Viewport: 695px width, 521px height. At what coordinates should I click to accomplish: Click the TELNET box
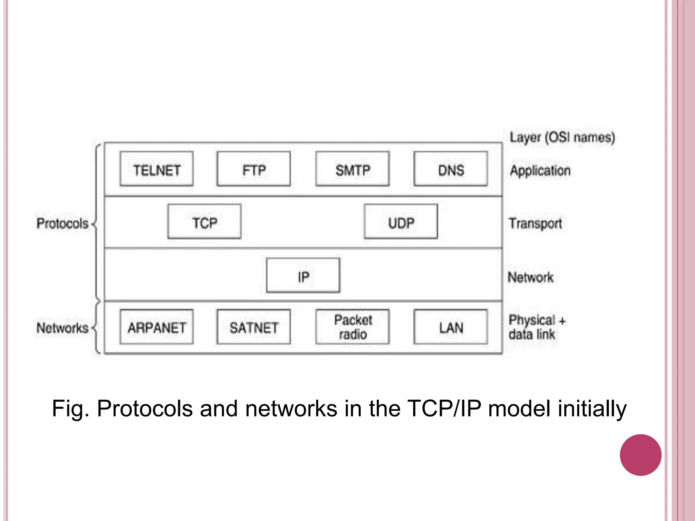pos(156,169)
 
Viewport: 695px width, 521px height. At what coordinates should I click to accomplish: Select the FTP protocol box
pos(253,169)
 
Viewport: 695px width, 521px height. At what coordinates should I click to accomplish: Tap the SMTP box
pos(352,169)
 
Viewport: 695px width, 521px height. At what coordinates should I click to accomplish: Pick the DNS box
pos(451,169)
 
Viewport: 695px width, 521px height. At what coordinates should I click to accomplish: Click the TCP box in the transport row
pos(204,222)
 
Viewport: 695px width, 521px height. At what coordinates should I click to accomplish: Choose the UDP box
pos(401,222)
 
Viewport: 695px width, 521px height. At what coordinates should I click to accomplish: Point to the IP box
pos(303,275)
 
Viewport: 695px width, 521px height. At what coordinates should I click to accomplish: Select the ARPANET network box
pos(156,327)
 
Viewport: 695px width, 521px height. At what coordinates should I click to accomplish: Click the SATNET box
pos(253,327)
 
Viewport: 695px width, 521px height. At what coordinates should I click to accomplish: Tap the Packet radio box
pos(352,327)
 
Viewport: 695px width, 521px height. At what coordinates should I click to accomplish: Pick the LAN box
pos(451,327)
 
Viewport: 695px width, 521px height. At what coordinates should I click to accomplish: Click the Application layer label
pos(540,171)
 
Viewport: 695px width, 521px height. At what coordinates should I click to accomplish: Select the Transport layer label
pos(535,224)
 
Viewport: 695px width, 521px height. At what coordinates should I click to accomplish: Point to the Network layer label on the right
pos(530,277)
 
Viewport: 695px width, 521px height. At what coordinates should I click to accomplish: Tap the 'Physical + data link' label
pos(536,327)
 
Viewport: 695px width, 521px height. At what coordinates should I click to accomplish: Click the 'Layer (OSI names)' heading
pos(562,137)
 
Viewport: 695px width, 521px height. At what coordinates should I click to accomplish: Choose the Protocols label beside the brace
pos(62,224)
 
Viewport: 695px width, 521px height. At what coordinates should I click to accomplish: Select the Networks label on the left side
pos(62,328)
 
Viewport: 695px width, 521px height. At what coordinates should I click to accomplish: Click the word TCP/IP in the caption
pos(444,408)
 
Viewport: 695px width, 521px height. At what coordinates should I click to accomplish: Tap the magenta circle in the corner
pos(640,455)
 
